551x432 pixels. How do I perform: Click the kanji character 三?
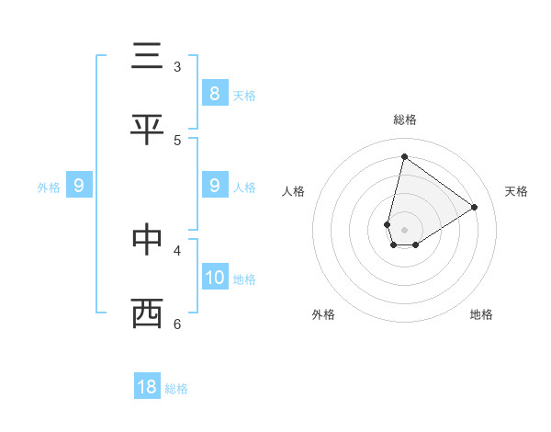coord(147,56)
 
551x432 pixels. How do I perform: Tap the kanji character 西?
coord(147,313)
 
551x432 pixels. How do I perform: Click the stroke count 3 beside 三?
coord(177,66)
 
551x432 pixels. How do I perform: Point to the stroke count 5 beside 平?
coord(177,140)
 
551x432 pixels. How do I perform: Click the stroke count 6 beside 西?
coord(177,324)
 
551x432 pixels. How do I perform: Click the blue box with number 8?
coord(214,93)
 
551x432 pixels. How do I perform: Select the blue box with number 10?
coord(214,277)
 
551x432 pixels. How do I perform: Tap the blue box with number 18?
coord(147,387)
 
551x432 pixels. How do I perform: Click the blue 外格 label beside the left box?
coord(49,187)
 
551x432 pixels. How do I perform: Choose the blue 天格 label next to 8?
coord(244,95)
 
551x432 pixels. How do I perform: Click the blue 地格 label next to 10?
coord(244,279)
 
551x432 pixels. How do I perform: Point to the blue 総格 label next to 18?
coord(176,389)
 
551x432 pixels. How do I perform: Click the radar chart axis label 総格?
coord(404,119)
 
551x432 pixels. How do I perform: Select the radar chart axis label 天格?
coord(516,191)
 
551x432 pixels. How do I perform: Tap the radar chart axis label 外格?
coord(323,314)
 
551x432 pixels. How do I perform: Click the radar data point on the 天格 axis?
coord(474,207)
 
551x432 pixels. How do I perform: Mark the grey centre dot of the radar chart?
coord(404,229)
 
